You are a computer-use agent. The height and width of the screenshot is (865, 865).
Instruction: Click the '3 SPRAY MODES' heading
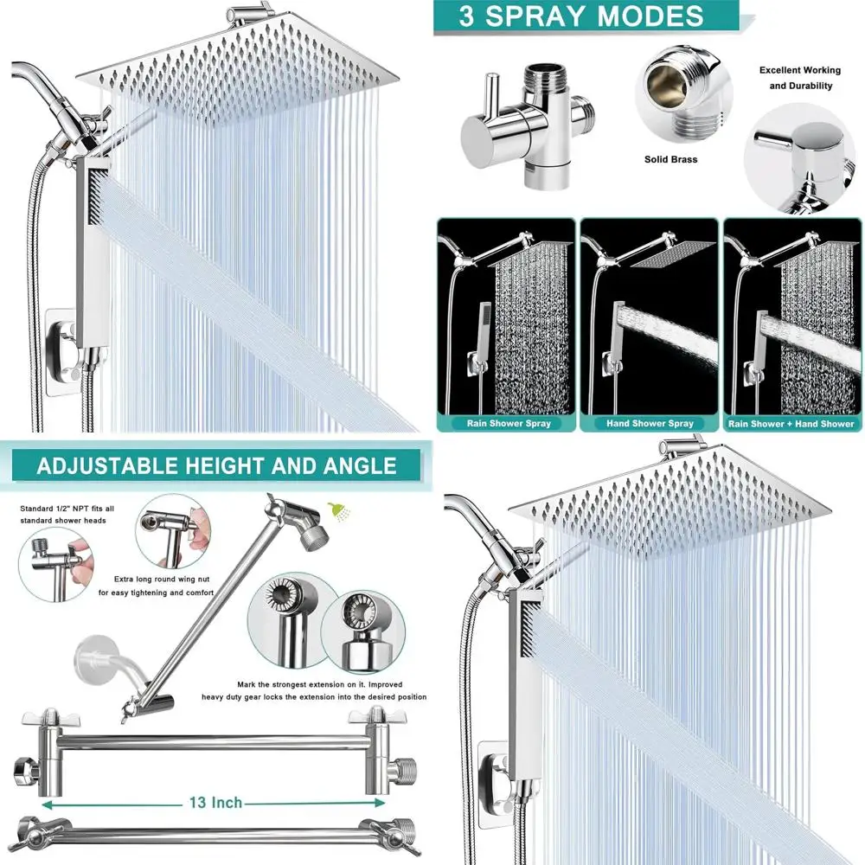[581, 16]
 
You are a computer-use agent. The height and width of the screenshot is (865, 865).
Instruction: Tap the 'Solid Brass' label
[670, 159]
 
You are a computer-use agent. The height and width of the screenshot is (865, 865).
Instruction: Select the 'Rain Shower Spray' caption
[508, 424]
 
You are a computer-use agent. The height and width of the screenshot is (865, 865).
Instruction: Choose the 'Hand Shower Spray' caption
[650, 424]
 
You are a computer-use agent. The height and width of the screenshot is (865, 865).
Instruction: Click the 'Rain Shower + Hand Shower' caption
[791, 424]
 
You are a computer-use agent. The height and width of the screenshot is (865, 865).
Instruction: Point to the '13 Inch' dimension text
[215, 803]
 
